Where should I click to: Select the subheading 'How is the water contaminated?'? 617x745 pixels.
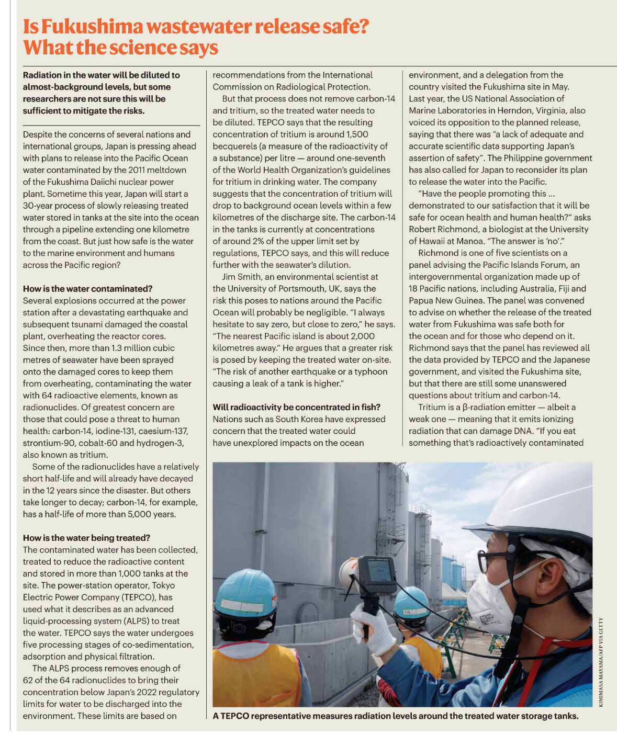87,289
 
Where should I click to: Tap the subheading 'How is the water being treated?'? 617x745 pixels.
86,538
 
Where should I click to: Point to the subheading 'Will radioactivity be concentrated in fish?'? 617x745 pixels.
296,407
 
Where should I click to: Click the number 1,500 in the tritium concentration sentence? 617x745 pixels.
357,134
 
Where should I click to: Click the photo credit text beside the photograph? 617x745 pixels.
601,662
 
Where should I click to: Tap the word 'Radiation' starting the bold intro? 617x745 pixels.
41,75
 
